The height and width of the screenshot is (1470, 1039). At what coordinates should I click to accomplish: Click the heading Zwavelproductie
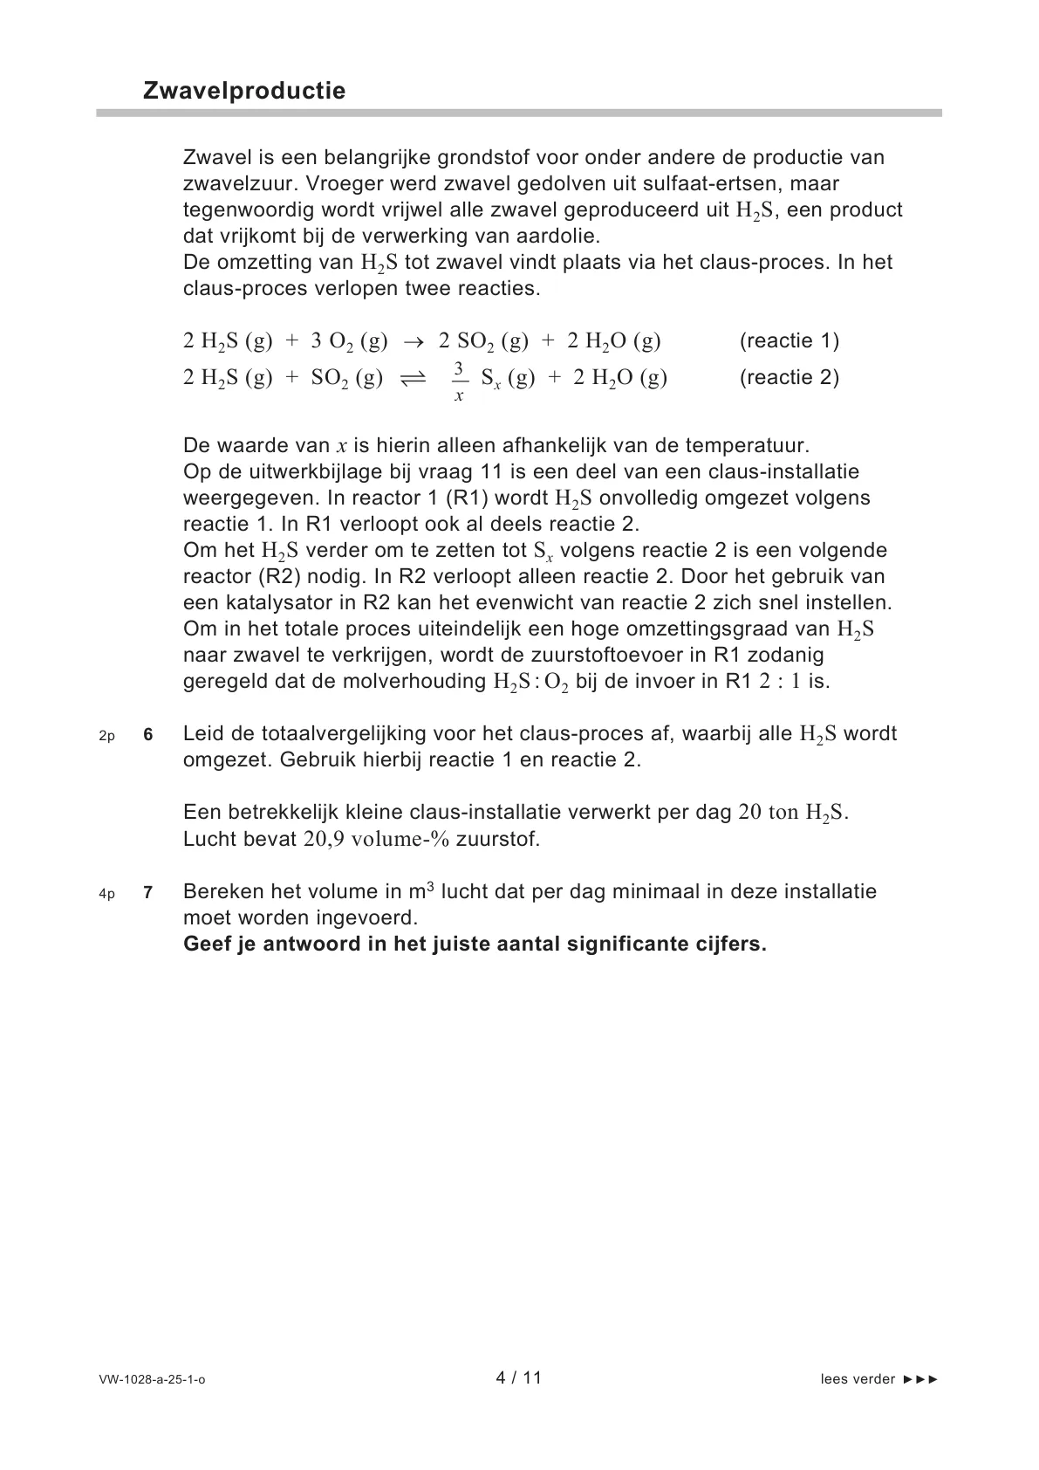click(x=244, y=91)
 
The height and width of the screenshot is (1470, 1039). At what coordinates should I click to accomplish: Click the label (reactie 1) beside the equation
click(x=789, y=340)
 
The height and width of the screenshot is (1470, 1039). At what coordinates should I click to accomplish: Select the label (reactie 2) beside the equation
click(x=789, y=377)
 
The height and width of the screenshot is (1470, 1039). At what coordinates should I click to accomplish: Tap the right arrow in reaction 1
click(x=414, y=341)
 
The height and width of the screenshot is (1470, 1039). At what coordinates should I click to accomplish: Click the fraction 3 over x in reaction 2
click(x=460, y=381)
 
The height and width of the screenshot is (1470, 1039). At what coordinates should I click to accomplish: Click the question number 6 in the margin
click(x=148, y=735)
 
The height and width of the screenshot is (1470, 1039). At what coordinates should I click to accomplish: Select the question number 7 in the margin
click(x=148, y=893)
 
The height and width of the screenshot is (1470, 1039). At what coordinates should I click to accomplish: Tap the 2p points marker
click(x=106, y=736)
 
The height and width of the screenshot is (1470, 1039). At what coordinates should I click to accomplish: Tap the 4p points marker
click(x=106, y=894)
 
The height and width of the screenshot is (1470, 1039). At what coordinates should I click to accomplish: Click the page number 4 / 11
click(x=518, y=1377)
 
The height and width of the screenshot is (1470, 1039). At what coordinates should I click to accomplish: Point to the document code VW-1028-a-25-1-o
click(x=152, y=1379)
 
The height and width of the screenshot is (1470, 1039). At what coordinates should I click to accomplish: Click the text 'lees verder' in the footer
click(x=858, y=1379)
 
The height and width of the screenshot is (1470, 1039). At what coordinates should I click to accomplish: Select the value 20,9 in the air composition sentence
click(x=325, y=839)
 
